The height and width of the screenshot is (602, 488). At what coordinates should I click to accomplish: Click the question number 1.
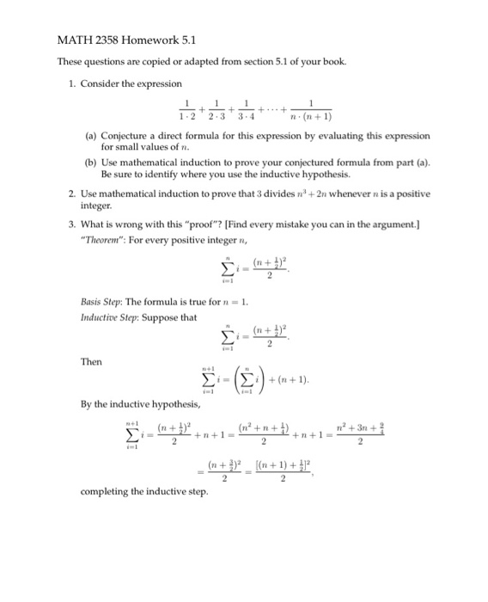pyautogui.click(x=75, y=83)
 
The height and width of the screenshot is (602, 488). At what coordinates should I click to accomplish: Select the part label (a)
pyautogui.click(x=90, y=137)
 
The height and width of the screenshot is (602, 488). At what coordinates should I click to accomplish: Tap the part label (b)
pyautogui.click(x=90, y=161)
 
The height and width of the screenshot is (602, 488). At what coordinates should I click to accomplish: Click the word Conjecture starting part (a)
pyautogui.click(x=129, y=137)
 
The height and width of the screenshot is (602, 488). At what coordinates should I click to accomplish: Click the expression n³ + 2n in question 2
pyautogui.click(x=327, y=194)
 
